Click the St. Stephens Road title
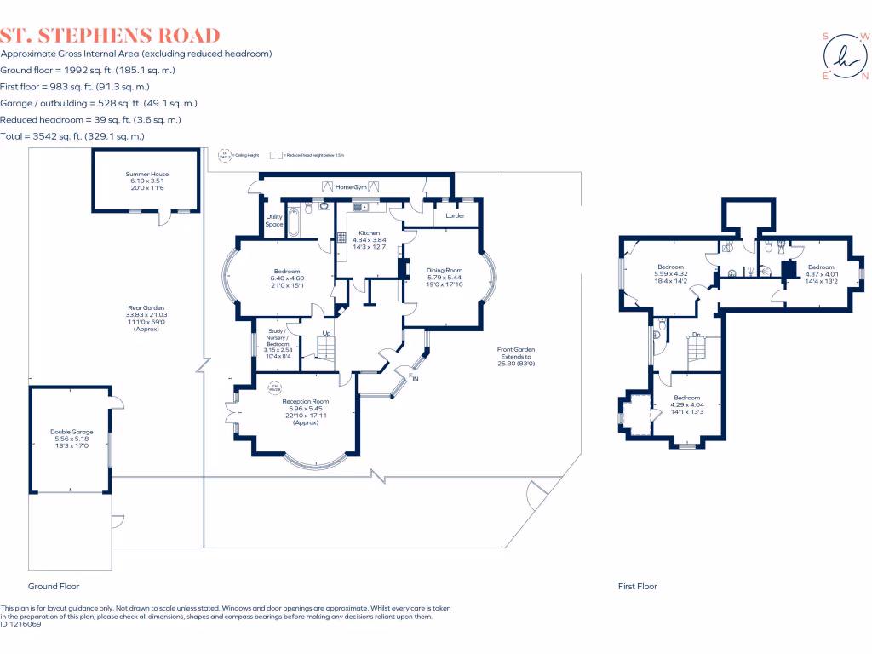(111, 36)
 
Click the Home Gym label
(350, 186)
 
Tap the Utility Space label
(273, 221)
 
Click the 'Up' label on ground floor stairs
(326, 332)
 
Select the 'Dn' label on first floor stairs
(697, 334)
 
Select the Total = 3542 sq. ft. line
(72, 136)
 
